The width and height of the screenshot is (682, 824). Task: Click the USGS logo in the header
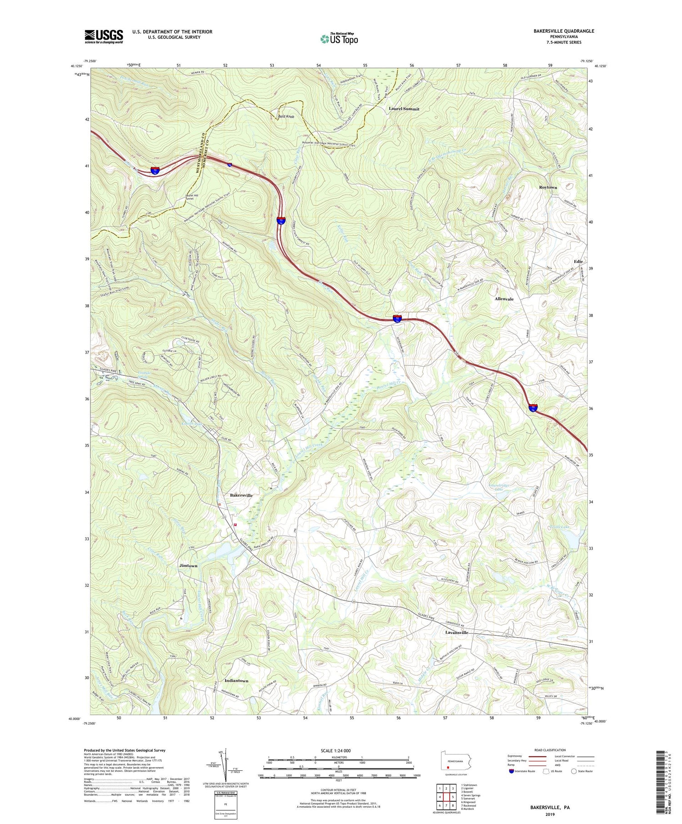[104, 36]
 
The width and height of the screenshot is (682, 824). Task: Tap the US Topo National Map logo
[339, 39]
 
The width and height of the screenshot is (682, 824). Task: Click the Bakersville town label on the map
[241, 495]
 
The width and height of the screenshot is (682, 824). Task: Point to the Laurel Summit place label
[404, 109]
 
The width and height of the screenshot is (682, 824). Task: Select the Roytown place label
[548, 187]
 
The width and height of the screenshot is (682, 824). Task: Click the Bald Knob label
[286, 117]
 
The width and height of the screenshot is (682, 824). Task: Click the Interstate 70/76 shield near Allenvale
[397, 319]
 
